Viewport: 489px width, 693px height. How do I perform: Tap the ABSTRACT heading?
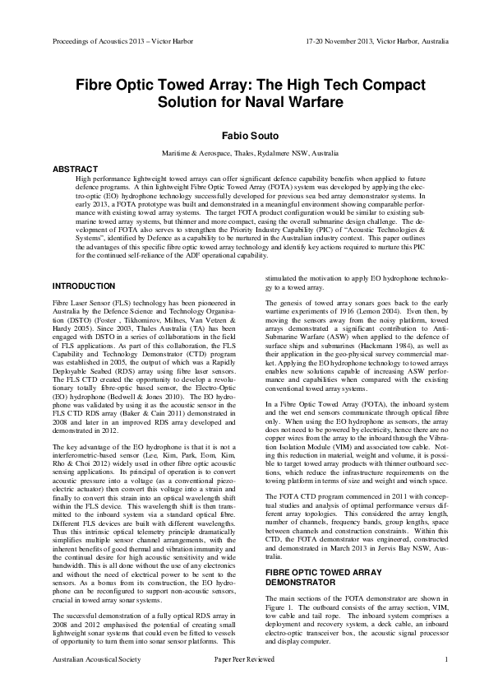pyautogui.click(x=76, y=169)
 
